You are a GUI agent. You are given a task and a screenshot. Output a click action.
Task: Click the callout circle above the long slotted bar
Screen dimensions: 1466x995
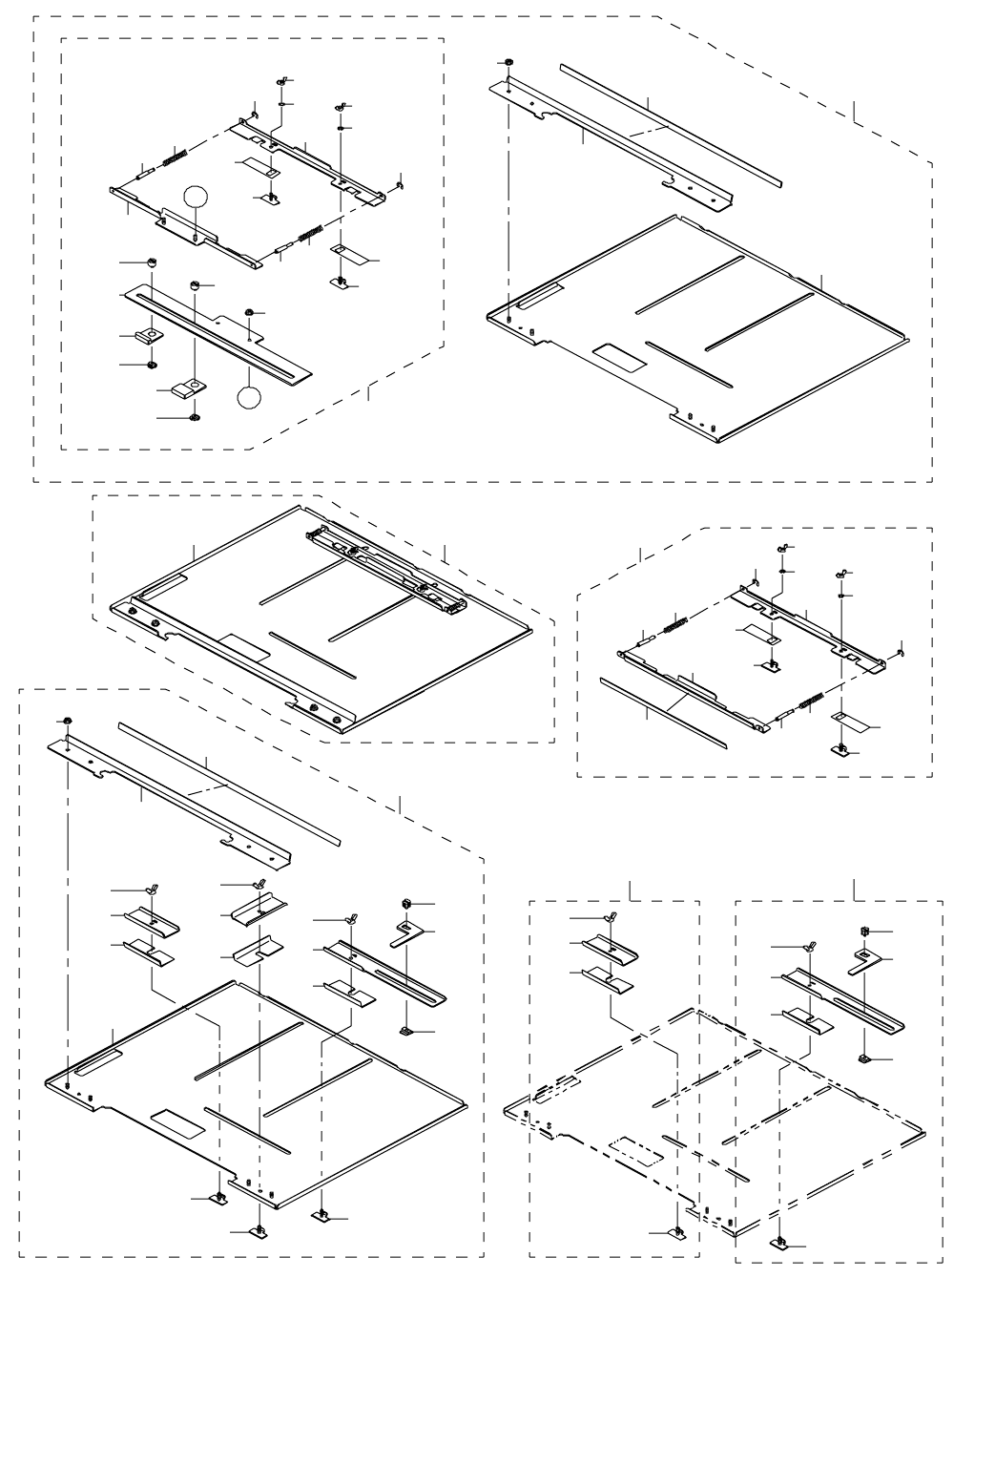195,196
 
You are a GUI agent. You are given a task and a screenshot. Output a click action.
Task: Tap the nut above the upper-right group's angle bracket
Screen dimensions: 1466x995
509,65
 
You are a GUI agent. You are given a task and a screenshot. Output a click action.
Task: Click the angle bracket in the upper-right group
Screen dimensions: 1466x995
611,143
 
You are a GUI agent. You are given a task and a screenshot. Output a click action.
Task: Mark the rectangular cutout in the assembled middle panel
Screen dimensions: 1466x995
245,646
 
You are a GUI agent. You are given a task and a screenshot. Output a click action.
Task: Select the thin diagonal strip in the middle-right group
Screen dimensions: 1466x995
662,712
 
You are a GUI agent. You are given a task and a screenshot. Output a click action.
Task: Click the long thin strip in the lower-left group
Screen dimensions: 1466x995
229,783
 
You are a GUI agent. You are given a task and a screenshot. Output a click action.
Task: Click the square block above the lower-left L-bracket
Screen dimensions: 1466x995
404,903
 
